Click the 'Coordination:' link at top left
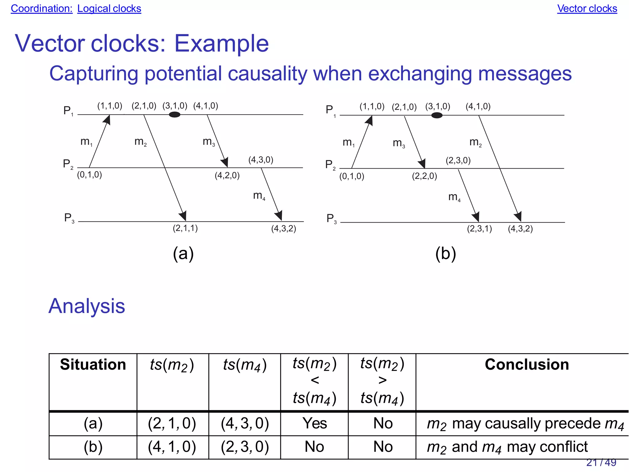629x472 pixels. point(41,9)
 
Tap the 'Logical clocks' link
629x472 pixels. point(109,9)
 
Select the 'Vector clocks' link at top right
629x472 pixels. point(587,9)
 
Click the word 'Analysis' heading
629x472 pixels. point(87,306)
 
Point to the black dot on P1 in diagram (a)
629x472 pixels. point(174,115)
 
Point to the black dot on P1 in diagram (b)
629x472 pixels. point(437,115)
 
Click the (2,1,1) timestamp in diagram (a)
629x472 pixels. point(185,228)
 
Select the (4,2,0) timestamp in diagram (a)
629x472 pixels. point(227,175)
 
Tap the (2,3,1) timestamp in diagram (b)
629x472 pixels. point(479,229)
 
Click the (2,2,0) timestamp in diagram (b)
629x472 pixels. point(424,176)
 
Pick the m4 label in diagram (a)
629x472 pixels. point(259,196)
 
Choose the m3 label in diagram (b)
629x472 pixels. point(399,143)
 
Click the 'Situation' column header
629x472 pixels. point(93,365)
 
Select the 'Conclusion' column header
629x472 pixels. point(527,365)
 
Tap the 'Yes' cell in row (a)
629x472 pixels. point(314,423)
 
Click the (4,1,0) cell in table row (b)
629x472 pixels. point(172,447)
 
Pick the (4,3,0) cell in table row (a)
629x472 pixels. point(245,423)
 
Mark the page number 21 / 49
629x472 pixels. point(601,462)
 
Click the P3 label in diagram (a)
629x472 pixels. point(69,218)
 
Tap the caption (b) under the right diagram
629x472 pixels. point(445,254)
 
